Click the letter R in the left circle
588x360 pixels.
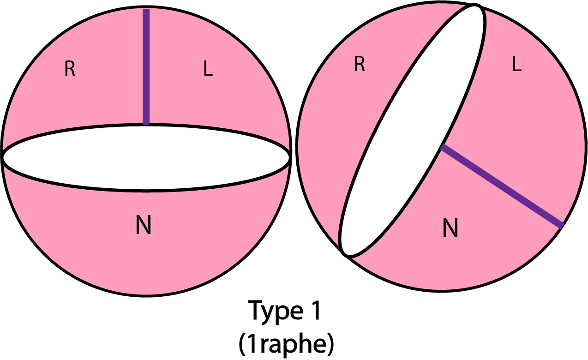click(70, 69)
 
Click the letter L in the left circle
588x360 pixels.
click(208, 69)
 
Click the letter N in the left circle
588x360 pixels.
click(144, 226)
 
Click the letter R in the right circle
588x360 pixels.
click(360, 65)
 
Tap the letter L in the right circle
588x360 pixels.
click(516, 65)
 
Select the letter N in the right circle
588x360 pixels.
click(450, 228)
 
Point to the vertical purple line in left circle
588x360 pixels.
click(146, 67)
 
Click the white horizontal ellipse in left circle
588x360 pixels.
click(146, 157)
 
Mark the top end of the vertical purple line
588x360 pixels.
click(146, 10)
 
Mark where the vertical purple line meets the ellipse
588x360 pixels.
click(146, 124)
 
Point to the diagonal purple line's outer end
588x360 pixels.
click(561, 226)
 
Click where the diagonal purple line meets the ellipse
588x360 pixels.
click(442, 147)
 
